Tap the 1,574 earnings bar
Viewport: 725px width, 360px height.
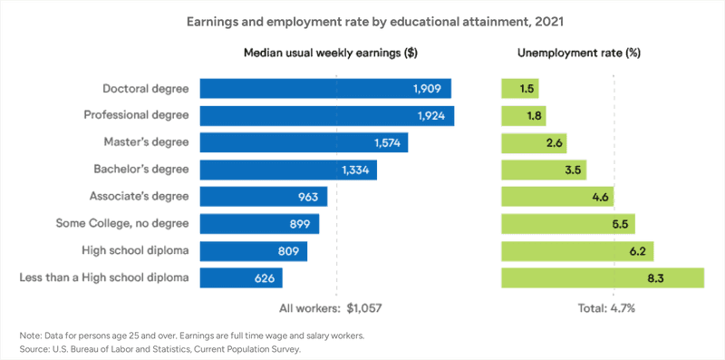(303, 142)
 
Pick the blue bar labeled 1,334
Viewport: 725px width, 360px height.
(287, 170)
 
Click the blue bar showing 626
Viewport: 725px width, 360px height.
(239, 277)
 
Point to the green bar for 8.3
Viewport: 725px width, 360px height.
(602, 277)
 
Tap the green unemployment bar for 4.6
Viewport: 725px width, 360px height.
(558, 197)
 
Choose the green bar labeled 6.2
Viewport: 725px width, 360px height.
(577, 250)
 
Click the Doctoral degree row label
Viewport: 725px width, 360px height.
(146, 88)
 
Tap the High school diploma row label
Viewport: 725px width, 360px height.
(140, 250)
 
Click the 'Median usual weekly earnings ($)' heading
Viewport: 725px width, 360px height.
(330, 53)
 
